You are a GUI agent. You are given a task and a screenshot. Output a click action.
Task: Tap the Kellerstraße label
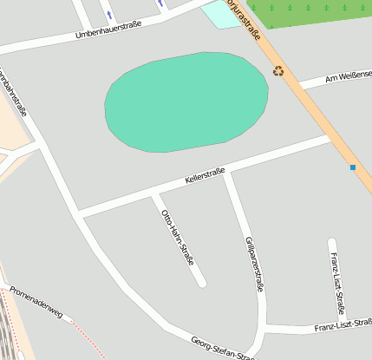click(x=205, y=176)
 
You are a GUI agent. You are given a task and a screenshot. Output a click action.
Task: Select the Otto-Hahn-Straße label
click(x=177, y=236)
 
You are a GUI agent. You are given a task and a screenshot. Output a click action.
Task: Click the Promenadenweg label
click(x=36, y=301)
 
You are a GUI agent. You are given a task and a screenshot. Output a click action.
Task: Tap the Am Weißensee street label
click(x=347, y=77)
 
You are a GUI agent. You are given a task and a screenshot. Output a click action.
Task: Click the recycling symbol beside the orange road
click(x=278, y=70)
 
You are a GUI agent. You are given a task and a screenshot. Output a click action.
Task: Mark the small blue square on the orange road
click(x=353, y=167)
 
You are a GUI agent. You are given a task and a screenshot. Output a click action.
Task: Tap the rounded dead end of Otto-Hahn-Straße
click(x=201, y=281)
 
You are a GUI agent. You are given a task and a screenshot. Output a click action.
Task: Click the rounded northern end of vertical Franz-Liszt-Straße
click(x=332, y=242)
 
